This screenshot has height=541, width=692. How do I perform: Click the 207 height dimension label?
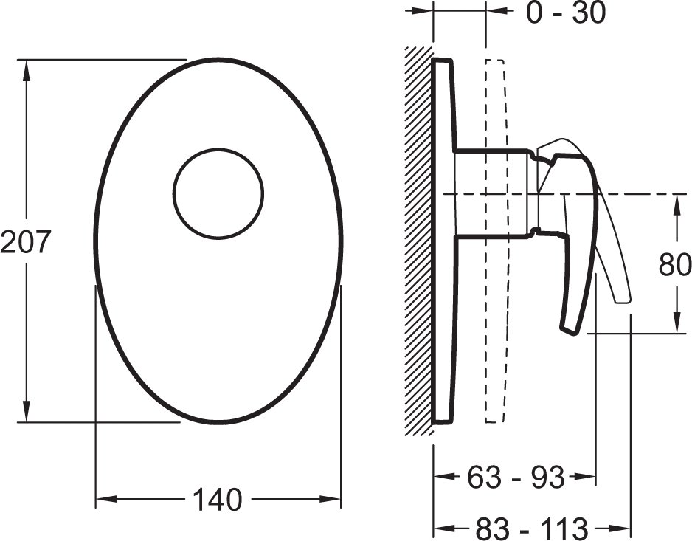tap(25, 242)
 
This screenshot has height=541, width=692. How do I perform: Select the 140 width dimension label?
tap(218, 500)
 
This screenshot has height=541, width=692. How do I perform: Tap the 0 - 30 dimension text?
tap(567, 13)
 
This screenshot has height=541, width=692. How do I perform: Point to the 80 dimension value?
tap(675, 265)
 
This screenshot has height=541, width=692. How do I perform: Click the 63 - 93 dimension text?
tap(516, 477)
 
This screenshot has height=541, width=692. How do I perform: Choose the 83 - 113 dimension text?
tap(531, 528)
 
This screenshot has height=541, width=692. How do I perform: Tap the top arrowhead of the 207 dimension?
tap(27, 71)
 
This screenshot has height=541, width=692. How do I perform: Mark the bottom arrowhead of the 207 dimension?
tap(27, 410)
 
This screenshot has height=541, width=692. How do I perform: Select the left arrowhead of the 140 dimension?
tap(107, 500)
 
